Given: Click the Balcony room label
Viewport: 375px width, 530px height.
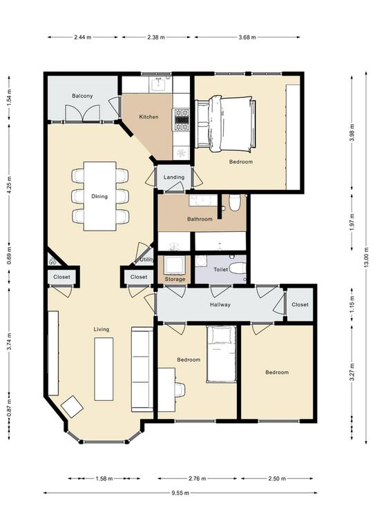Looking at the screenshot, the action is pos(82,96).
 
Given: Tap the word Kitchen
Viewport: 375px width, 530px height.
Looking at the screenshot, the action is pos(148,117).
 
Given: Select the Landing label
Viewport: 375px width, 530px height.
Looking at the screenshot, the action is pos(174,177).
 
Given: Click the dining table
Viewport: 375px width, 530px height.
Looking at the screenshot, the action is pos(99,196).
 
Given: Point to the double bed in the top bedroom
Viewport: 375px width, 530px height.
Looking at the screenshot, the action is pos(226,124).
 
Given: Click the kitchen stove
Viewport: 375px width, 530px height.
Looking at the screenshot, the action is pos(182,119).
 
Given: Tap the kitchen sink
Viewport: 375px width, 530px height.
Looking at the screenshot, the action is pos(158,84).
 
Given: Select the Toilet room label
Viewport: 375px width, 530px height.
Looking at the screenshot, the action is pos(220,270).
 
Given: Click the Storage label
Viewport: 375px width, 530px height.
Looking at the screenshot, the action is pos(175,279).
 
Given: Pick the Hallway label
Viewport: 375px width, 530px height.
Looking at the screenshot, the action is pos(220,304).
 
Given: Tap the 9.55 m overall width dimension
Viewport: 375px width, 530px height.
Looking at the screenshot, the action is pos(180,493).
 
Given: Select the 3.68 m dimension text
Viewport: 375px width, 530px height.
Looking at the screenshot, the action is pos(247,37).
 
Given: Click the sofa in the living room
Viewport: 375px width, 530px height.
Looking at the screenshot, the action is pos(142,369).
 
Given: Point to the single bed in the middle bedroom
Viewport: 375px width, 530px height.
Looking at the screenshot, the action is pos(221,354).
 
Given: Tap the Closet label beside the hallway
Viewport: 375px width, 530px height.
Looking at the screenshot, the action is pos(300,304).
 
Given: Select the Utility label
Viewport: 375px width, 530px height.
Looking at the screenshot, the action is pos(146,260).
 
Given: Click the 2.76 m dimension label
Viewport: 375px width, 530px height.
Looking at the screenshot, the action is pos(197,479).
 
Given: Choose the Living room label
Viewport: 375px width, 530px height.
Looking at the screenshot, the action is pos(102,329).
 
